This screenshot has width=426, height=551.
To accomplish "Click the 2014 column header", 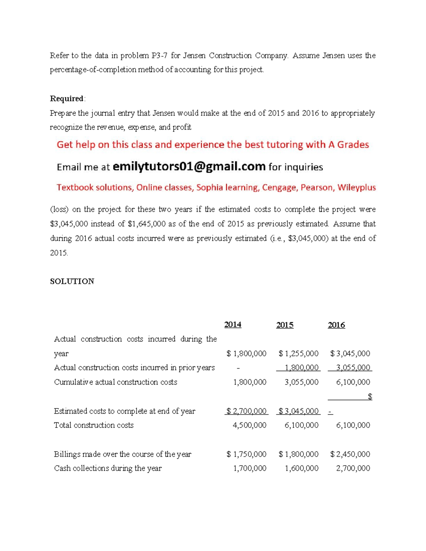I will pos(233,325).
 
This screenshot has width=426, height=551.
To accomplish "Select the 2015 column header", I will pos(285,325).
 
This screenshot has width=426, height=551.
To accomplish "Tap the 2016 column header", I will pos(336,325).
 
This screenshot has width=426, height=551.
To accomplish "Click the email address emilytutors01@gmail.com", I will pos(189,166).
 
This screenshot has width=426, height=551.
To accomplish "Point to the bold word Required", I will pos(67,99).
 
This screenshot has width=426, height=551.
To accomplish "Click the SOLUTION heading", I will pos(72,281).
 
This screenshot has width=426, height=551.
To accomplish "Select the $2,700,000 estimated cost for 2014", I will pos(246,411).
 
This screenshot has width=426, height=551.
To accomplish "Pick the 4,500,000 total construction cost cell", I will pos(249,425).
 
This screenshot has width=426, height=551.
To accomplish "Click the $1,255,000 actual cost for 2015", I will pos(299,353).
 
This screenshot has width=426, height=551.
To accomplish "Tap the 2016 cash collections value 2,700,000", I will pos(353,468).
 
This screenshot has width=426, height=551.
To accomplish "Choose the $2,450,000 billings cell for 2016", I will pos(350,454).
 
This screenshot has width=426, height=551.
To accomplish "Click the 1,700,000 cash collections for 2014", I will pos(249,468).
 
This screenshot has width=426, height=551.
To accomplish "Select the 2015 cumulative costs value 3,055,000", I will pos(301,382).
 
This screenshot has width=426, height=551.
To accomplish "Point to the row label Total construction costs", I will pos(94,425).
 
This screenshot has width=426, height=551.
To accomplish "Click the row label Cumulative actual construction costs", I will pos(115,382).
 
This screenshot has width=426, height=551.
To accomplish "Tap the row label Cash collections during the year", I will pos(108,468).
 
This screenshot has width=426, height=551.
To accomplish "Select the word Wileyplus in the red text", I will pos(356,187).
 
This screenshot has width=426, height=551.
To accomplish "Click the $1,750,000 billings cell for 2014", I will pos(246,454).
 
